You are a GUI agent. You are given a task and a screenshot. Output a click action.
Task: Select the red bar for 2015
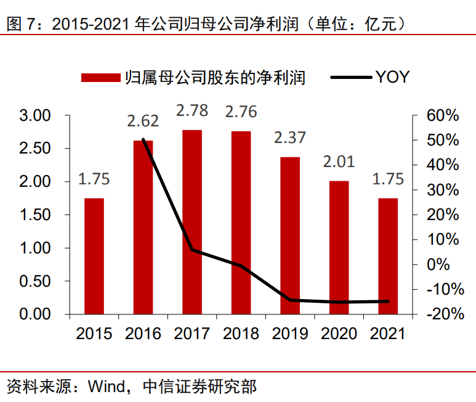[x=94, y=256]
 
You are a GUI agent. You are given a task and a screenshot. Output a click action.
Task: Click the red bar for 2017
[x=192, y=222]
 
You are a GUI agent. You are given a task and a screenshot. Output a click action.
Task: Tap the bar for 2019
[x=290, y=236]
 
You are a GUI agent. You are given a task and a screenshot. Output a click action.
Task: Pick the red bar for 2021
[x=388, y=256]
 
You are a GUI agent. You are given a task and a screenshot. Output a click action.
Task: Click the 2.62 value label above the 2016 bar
[x=143, y=121]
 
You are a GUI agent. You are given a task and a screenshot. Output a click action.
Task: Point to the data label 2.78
[x=192, y=110]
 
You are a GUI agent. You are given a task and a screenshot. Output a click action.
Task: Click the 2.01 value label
[x=339, y=162]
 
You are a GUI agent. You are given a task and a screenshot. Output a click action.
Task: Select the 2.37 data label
[x=290, y=137]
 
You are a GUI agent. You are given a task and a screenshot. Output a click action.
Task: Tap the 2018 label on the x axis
[x=241, y=334]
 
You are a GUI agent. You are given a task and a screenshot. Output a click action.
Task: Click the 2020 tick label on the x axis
[x=339, y=334]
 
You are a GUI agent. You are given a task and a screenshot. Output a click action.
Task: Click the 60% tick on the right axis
[x=443, y=116]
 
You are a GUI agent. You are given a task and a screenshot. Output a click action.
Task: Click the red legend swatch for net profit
[x=100, y=78]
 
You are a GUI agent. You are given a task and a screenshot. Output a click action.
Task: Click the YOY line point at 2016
[x=143, y=139]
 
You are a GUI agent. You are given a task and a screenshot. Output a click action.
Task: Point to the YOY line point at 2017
[x=192, y=250]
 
